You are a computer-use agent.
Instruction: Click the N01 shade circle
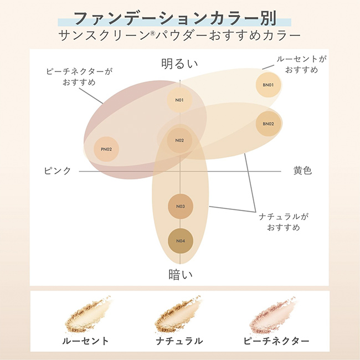click(179, 100)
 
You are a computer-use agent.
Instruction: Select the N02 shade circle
click(179, 141)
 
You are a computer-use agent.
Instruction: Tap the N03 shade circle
click(180, 207)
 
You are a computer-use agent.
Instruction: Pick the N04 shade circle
click(180, 240)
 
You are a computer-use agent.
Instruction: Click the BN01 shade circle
click(269, 85)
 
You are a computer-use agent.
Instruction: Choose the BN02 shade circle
click(269, 124)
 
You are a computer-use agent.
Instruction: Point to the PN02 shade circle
click(107, 149)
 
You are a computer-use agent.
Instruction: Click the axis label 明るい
click(179, 63)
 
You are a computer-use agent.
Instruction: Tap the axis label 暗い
click(180, 274)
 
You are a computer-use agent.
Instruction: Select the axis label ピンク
click(58, 171)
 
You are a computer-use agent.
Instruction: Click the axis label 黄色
click(302, 171)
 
